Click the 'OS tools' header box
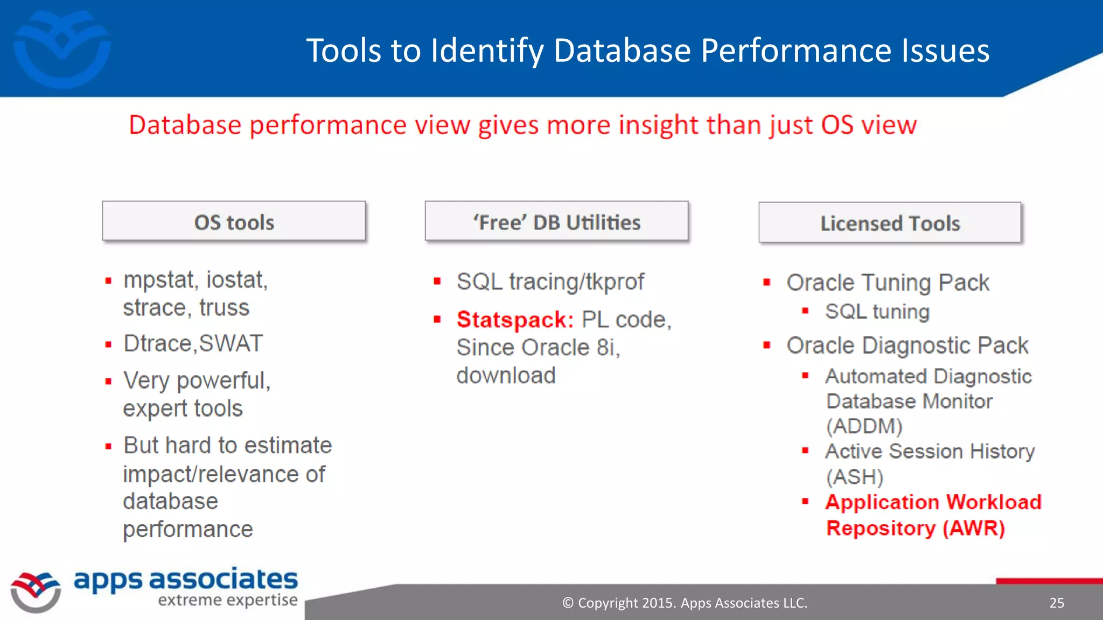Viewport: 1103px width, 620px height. point(234,222)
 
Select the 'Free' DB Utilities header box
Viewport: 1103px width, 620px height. point(556,222)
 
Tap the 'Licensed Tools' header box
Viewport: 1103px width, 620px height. point(890,223)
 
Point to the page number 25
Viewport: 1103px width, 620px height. point(1057,603)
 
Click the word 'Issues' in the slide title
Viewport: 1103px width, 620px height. point(945,51)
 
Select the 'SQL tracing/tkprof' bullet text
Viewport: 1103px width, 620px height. point(549,281)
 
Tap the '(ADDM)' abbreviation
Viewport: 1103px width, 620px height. point(864,426)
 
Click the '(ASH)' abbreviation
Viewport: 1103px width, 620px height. point(855,477)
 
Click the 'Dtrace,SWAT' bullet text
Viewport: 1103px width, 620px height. point(193,343)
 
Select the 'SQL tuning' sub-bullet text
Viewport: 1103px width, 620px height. point(877,312)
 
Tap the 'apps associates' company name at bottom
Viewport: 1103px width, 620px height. point(185,580)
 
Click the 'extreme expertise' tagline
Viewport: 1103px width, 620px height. point(228,600)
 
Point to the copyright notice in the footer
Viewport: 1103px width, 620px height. point(685,603)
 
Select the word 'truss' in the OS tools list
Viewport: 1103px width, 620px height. point(224,308)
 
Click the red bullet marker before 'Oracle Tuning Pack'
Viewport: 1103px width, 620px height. point(767,283)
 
